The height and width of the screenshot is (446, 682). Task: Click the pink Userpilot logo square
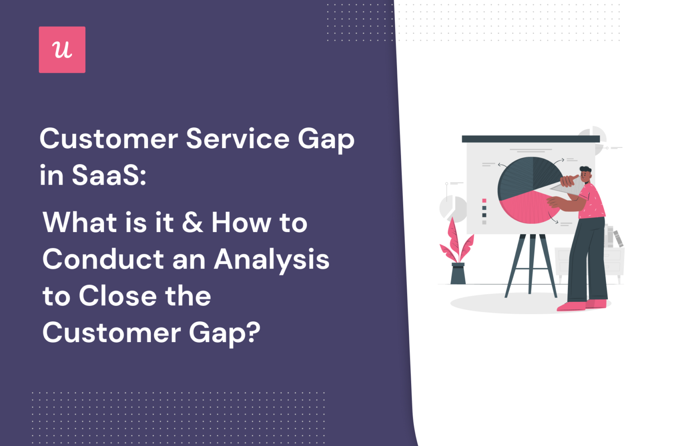[x=62, y=50]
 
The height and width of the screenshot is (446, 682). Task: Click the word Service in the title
[x=238, y=139]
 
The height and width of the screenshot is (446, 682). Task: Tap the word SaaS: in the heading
[x=108, y=175]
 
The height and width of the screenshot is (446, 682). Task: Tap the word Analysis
[x=271, y=260]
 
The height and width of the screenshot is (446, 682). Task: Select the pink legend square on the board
[x=484, y=201]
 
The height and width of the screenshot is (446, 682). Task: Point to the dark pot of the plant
[x=458, y=274]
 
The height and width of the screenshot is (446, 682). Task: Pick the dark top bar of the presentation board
[x=531, y=139]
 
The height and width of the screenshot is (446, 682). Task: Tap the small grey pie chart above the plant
[x=453, y=208]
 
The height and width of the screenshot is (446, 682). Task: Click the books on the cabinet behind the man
[x=613, y=237]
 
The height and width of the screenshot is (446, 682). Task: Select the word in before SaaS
[x=52, y=175]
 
